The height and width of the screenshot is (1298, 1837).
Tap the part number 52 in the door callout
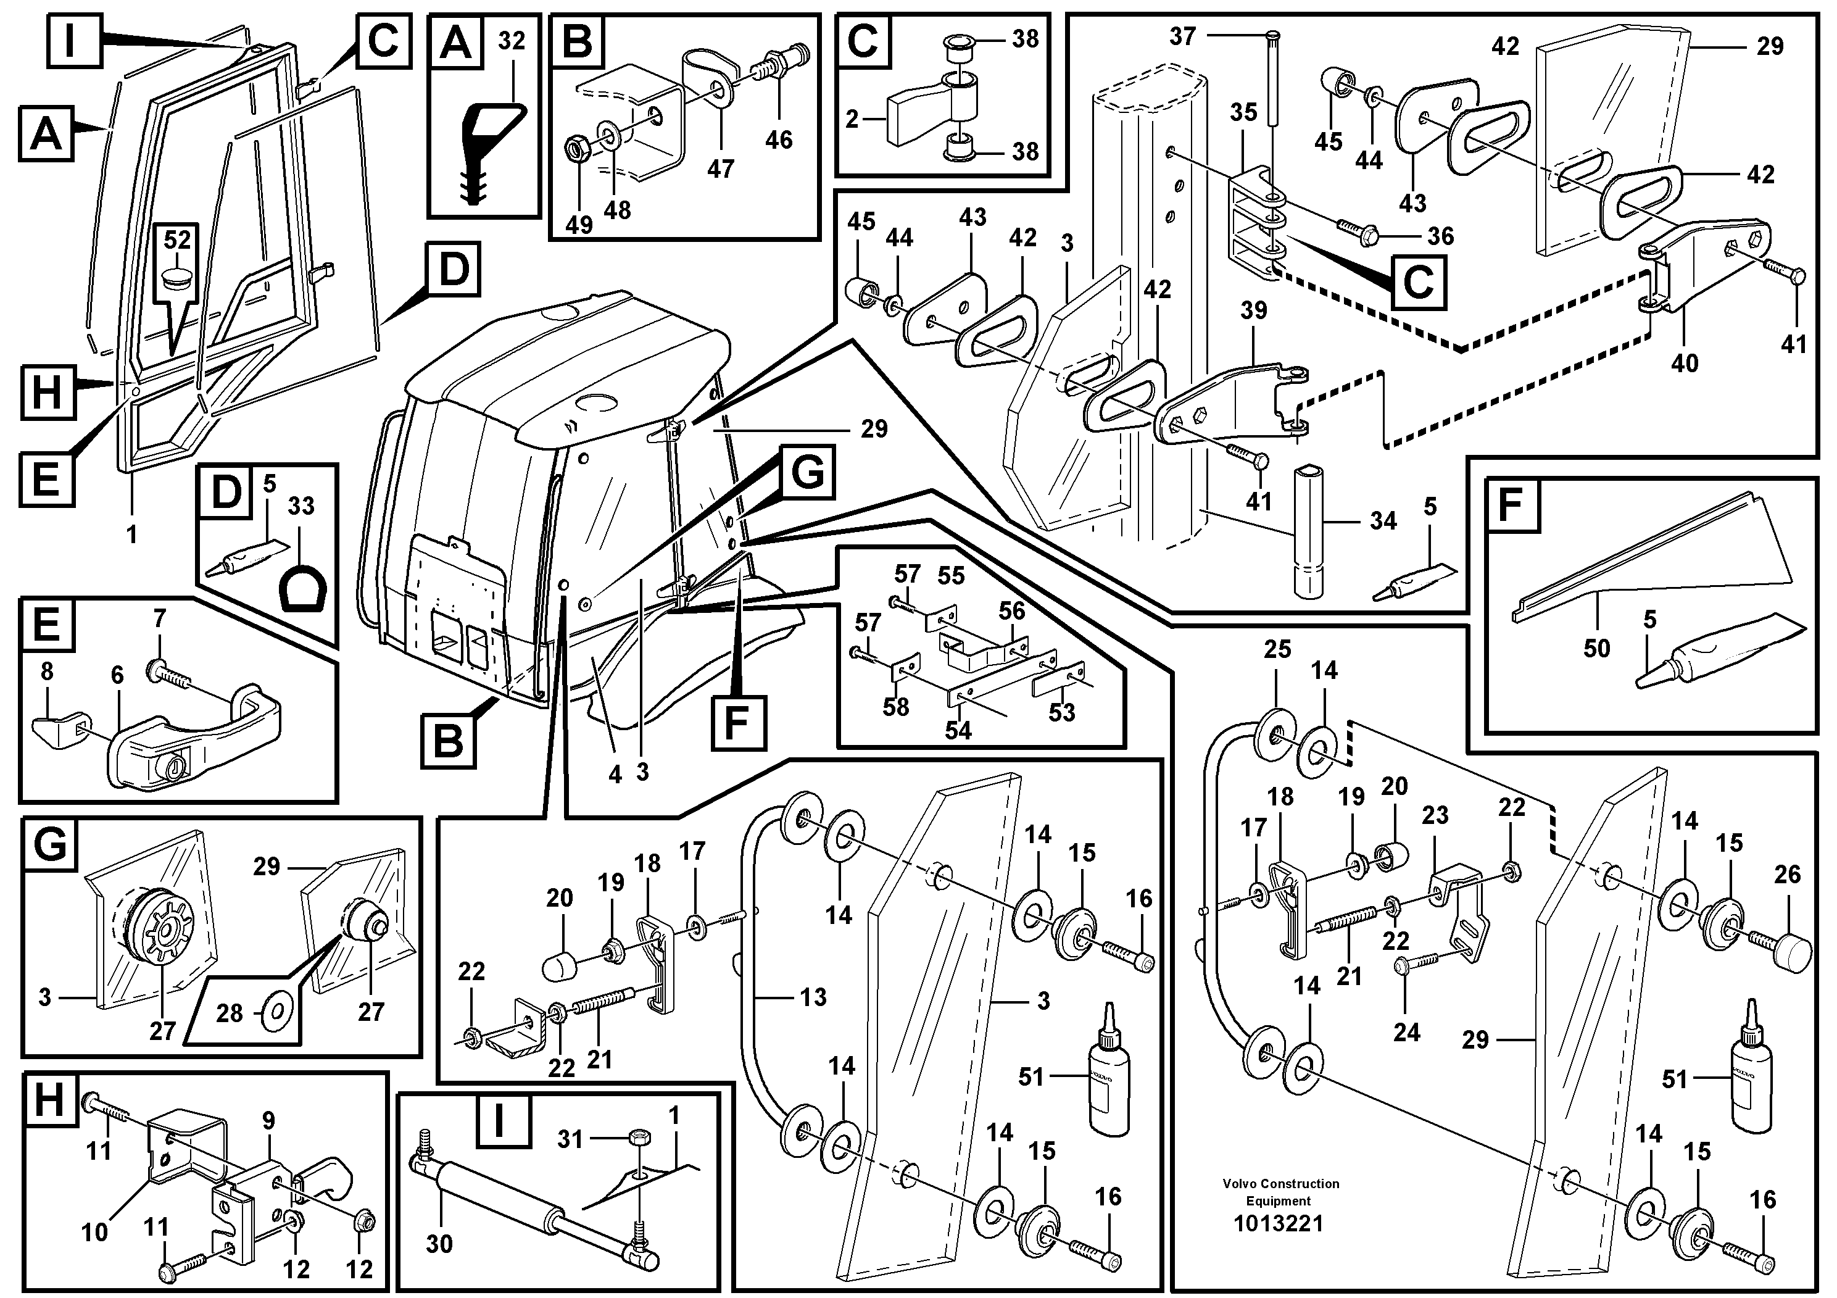(x=178, y=240)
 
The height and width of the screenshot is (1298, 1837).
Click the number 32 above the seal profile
(x=512, y=40)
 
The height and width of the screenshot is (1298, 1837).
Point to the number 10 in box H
(x=94, y=1231)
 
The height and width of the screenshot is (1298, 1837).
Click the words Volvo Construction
(x=1280, y=1184)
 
